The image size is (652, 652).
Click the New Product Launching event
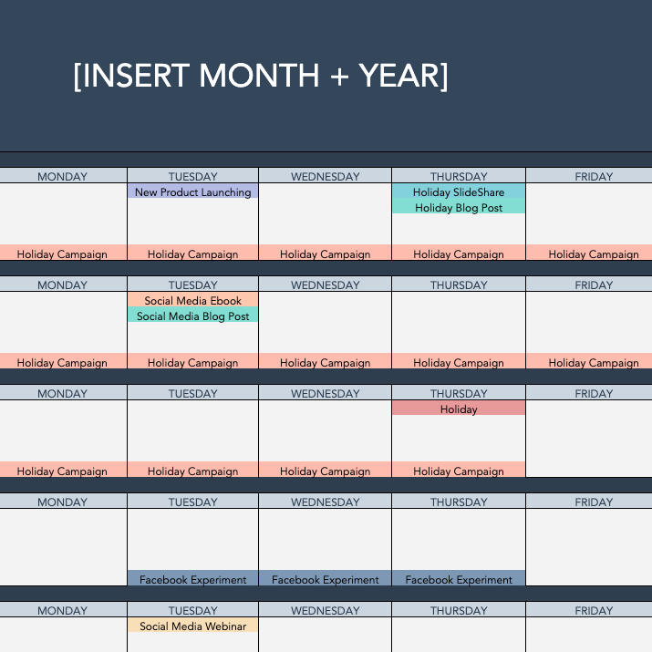click(x=192, y=192)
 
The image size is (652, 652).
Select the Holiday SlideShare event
click(x=459, y=192)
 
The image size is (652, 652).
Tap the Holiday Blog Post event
click(x=459, y=208)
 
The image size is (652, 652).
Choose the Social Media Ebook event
click(x=192, y=301)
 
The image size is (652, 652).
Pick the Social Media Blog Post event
click(x=192, y=316)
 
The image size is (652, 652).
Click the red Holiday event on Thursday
click(x=459, y=409)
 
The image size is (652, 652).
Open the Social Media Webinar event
click(x=192, y=626)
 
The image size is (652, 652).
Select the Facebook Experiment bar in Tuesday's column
click(x=192, y=579)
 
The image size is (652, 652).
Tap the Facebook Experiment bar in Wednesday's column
click(x=326, y=579)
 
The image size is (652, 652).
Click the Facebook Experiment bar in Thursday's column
click(x=459, y=579)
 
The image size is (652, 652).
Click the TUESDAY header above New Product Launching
click(x=192, y=177)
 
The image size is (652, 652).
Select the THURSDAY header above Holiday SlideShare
click(x=459, y=177)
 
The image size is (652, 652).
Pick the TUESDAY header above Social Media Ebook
click(x=192, y=285)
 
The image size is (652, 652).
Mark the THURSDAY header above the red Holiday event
click(x=459, y=394)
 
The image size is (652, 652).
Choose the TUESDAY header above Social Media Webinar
click(x=192, y=611)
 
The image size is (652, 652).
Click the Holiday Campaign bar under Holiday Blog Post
click(x=459, y=254)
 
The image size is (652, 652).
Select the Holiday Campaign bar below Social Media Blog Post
click(x=192, y=363)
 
